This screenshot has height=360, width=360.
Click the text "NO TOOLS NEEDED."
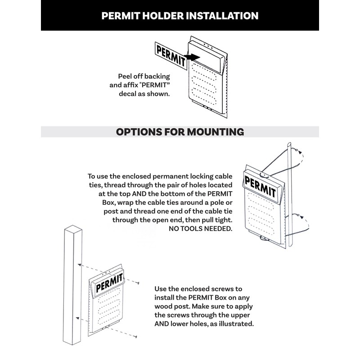[x=200, y=229]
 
